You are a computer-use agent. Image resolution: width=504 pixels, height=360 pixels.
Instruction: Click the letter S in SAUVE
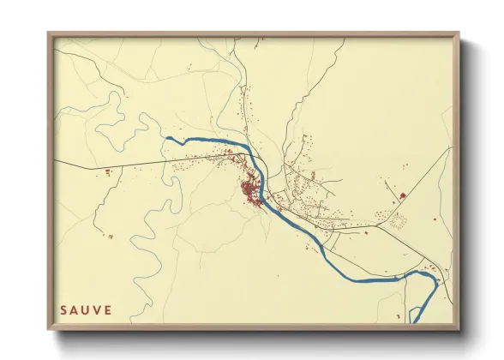coord(64,309)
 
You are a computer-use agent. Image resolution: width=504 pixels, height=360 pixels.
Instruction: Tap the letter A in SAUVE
coord(75,309)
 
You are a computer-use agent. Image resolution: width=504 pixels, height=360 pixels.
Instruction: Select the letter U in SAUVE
coord(87,309)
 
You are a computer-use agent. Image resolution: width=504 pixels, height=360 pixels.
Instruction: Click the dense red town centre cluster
coord(251,190)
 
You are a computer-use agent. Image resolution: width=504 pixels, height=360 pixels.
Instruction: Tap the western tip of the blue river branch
coord(166,137)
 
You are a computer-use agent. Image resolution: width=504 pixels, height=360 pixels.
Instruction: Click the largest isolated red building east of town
coord(402,196)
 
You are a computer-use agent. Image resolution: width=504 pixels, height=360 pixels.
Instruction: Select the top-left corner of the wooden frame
coord(49,34)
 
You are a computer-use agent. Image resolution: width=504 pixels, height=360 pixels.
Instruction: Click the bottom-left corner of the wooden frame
coord(49,329)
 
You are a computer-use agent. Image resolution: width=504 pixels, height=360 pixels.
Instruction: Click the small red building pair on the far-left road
coord(108,172)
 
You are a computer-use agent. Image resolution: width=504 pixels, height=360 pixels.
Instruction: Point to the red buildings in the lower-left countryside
coord(108,236)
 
